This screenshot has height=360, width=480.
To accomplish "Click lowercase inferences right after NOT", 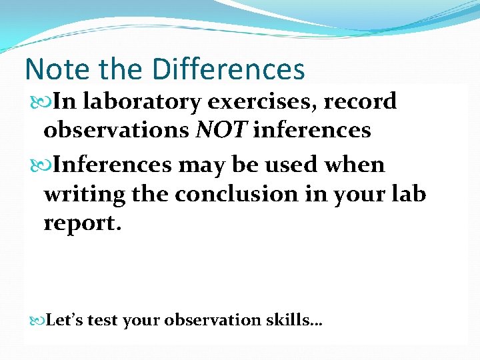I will pos(312,130).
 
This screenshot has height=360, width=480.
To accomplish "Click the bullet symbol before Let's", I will pos(36,321).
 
